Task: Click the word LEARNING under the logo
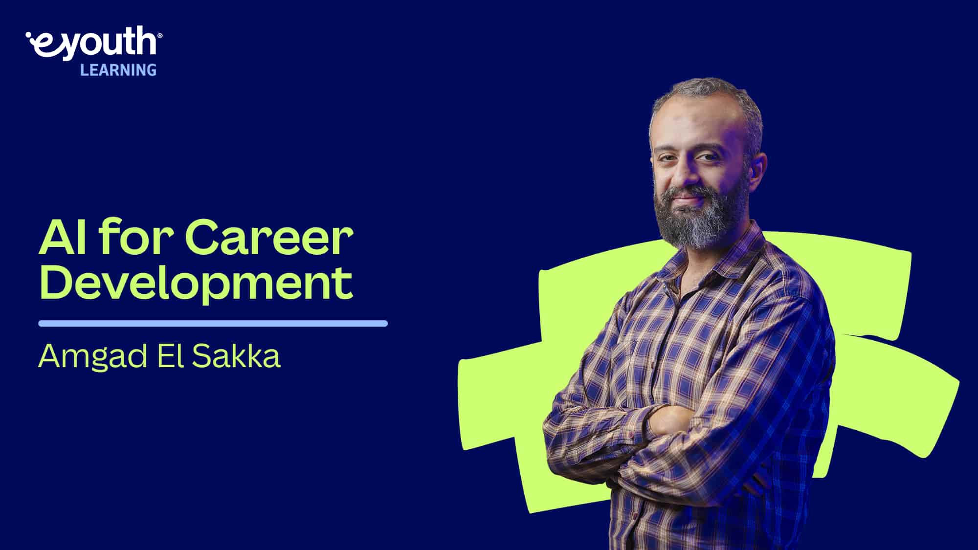[118, 70]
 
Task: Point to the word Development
[196, 283]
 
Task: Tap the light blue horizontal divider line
[213, 323]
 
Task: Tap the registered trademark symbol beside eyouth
[160, 36]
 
